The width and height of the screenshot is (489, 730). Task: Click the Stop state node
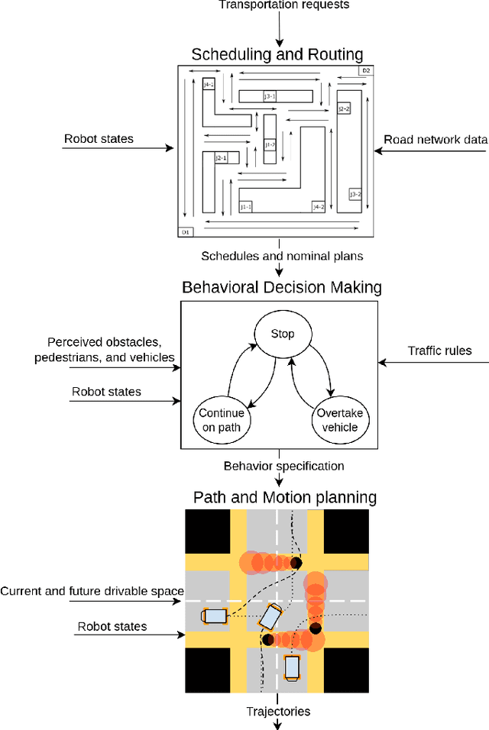click(x=283, y=334)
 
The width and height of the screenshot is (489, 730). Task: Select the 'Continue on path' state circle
click(x=222, y=419)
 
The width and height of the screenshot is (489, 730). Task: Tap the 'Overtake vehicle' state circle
click(x=340, y=419)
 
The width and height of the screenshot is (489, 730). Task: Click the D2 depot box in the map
click(x=366, y=71)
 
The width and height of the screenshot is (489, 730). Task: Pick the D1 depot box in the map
click(x=185, y=231)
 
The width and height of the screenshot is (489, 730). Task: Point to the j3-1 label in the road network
click(x=270, y=96)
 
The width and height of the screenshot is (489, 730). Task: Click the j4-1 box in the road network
click(x=209, y=85)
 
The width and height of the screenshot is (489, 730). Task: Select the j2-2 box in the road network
click(x=344, y=109)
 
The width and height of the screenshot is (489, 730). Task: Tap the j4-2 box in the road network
click(x=318, y=206)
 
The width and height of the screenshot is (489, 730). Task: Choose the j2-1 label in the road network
click(x=222, y=158)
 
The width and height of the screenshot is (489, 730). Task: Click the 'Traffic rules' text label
click(x=440, y=350)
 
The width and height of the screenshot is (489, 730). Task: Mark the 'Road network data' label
click(x=436, y=139)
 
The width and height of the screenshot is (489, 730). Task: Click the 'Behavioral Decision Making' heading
click(x=282, y=287)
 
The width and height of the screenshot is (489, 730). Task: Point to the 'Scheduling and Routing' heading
click(x=277, y=53)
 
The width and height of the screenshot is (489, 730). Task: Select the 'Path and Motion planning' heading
click(x=284, y=497)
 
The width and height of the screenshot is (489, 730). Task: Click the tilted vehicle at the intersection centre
click(x=270, y=615)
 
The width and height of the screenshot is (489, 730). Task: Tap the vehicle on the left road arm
click(x=214, y=616)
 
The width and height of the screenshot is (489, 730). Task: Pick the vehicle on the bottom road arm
click(x=292, y=667)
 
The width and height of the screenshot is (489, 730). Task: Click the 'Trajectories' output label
click(x=277, y=711)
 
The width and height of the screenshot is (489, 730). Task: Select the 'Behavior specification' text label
click(x=283, y=466)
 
